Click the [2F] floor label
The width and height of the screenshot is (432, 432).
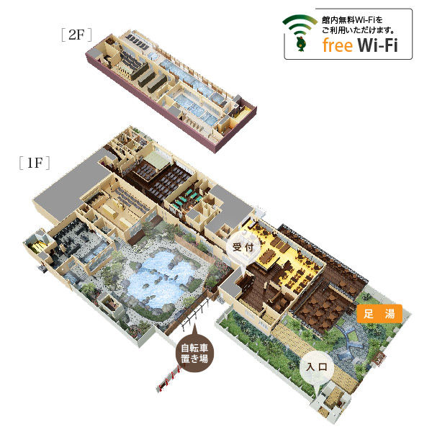tap(76, 35)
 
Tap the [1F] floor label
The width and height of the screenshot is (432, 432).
tap(35, 163)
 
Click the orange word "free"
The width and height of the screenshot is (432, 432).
tap(337, 45)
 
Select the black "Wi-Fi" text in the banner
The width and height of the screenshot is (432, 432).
tap(378, 45)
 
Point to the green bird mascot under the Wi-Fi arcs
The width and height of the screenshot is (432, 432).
tap(300, 43)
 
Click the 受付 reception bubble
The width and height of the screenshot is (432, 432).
tap(243, 247)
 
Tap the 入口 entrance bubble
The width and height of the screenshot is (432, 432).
tap(317, 367)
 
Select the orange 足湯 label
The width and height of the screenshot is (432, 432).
tap(379, 313)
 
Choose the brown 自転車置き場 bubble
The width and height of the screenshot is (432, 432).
tap(194, 354)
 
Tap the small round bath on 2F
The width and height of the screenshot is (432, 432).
tap(153, 56)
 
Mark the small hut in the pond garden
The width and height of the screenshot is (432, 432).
tap(110, 304)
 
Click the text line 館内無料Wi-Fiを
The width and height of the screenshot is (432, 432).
tap(352, 20)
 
